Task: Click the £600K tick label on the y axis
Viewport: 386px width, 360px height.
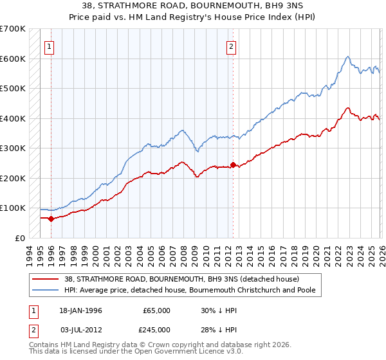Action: pos(13,59)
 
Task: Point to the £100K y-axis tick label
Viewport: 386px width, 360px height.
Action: pos(13,208)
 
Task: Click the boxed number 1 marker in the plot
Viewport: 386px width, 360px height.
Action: pos(50,46)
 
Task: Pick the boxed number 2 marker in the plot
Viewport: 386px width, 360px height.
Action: pos(231,46)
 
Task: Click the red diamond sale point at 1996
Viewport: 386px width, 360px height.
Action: pos(51,219)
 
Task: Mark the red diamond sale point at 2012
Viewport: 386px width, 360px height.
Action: pos(233,165)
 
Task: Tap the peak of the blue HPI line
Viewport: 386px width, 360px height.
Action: pos(347,57)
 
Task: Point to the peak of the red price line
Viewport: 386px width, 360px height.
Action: pos(347,108)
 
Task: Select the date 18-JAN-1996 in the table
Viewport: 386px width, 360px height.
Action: pos(80,310)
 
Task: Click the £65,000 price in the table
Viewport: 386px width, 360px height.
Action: pos(156,310)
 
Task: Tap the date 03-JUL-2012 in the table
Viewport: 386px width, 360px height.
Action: pos(80,330)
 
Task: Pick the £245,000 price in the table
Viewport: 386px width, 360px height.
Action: pos(156,330)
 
